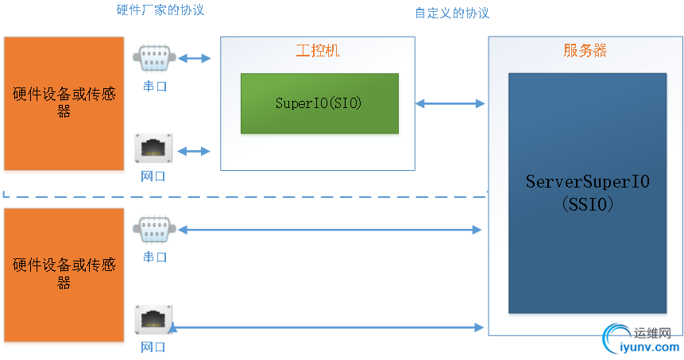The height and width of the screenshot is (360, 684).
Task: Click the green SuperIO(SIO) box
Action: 319,103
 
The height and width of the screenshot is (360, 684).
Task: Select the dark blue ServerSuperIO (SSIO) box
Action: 587,192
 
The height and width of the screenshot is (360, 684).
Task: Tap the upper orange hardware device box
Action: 64,103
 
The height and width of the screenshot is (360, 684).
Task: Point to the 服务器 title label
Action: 585,51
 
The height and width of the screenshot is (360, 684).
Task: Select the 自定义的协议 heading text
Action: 451,14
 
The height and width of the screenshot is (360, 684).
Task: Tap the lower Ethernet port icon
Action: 154,321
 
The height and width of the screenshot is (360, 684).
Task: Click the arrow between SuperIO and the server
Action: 450,103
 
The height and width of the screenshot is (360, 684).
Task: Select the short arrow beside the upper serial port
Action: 195,58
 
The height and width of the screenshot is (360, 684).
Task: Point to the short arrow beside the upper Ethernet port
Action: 195,150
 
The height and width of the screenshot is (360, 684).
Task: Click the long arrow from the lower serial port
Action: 330,230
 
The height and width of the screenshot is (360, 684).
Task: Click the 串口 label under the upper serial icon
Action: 153,86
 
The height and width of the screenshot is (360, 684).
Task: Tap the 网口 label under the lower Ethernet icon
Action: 153,347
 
